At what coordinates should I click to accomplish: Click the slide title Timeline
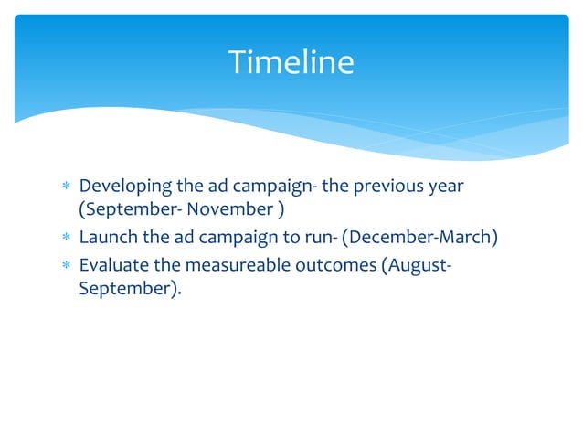pos(291,62)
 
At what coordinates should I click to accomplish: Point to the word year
pos(445,187)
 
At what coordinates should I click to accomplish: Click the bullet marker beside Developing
pos(64,187)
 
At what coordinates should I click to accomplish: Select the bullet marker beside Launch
pos(64,240)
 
